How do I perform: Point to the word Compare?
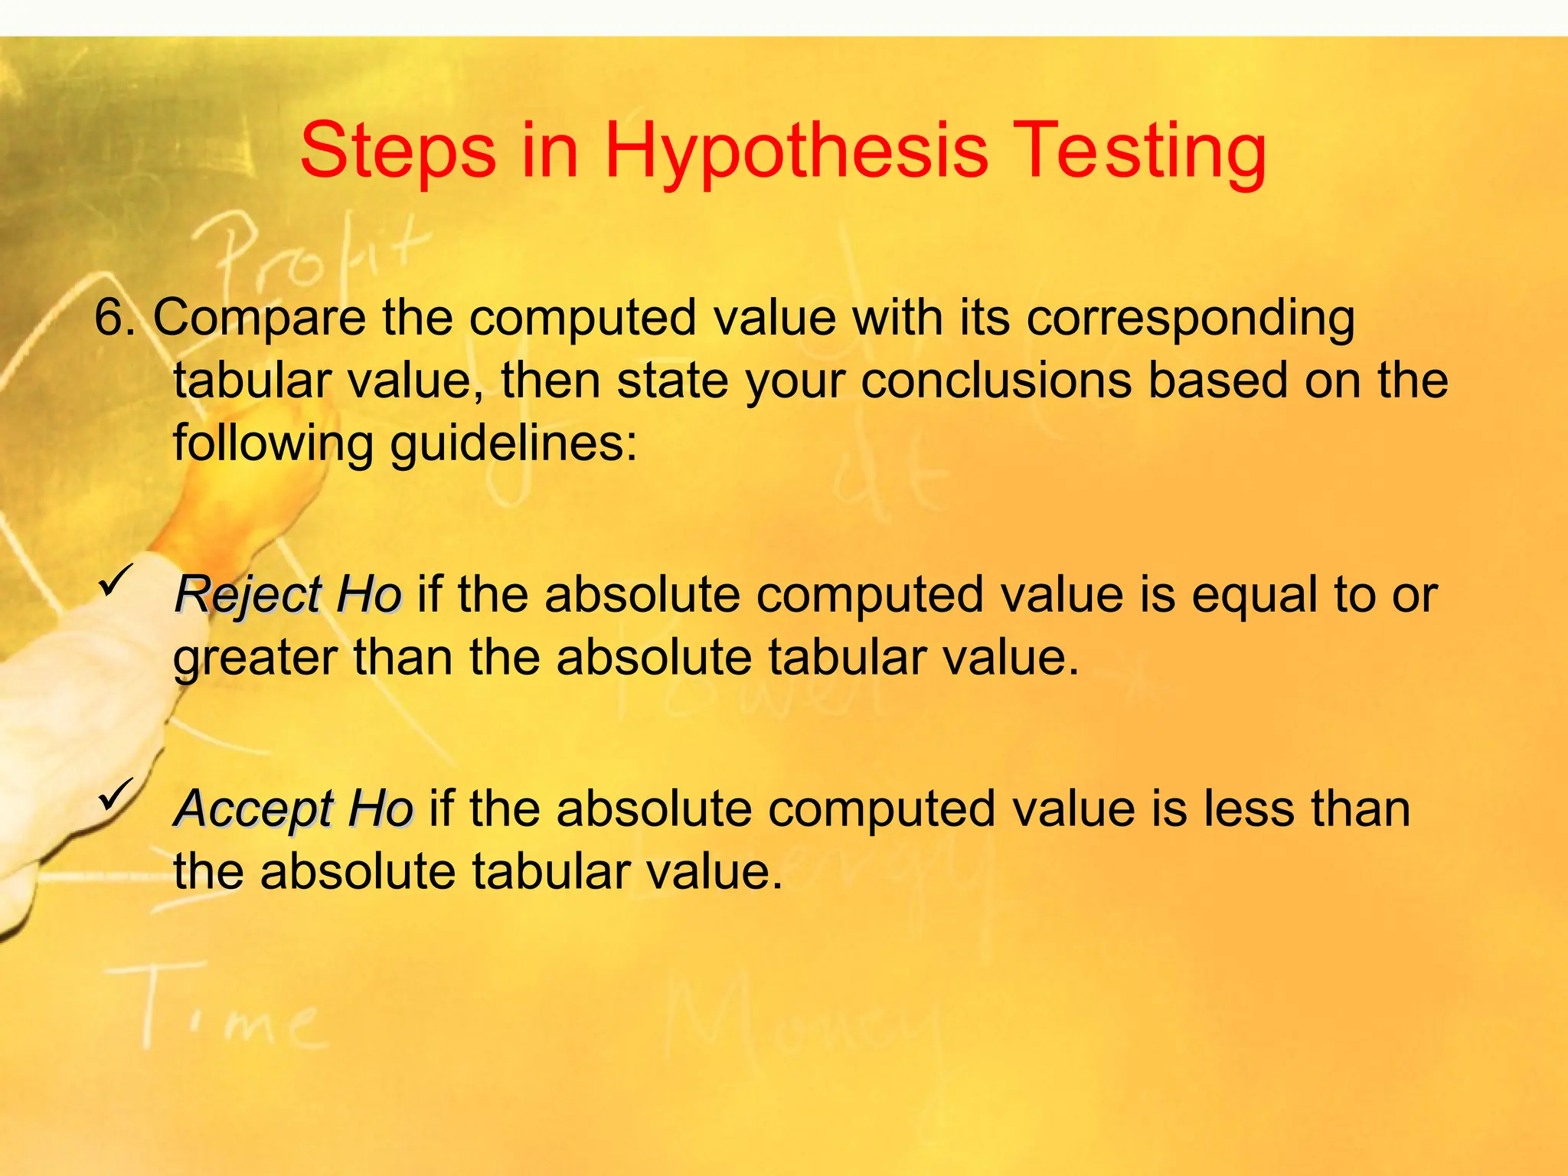click(x=260, y=318)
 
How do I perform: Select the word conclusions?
click(x=995, y=381)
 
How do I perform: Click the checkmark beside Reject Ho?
click(x=116, y=580)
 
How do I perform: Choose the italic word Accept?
click(x=253, y=810)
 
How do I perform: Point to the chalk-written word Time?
click(x=222, y=1011)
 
